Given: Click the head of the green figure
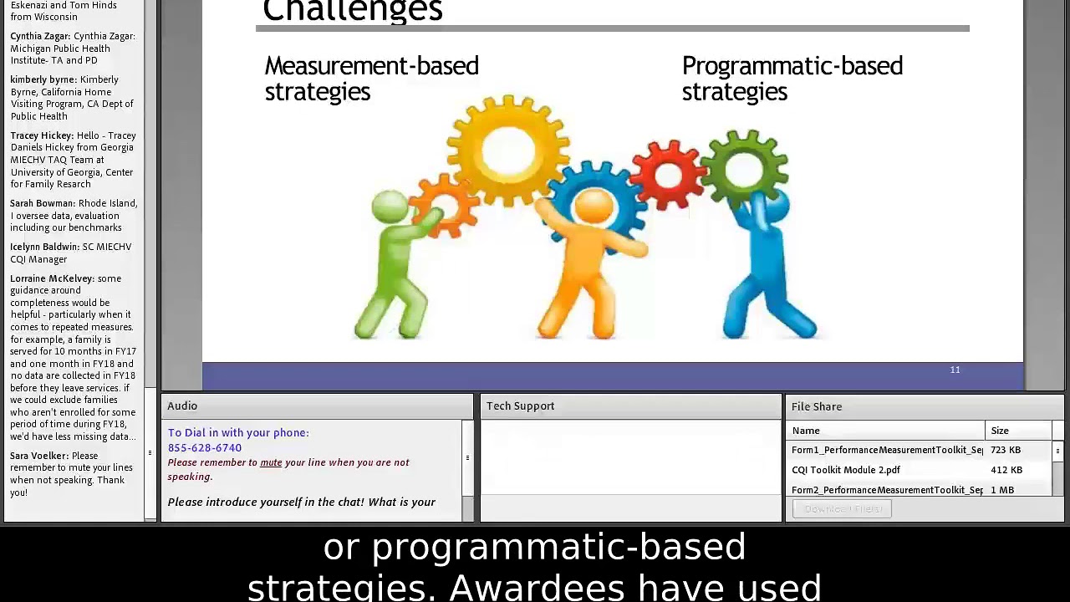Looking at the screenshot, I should coord(390,207).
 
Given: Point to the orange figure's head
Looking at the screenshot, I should coord(594,208).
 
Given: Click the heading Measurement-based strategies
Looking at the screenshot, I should coord(371,79).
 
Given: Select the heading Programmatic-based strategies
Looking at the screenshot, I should coord(792,79).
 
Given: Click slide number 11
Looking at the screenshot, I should coord(955,370).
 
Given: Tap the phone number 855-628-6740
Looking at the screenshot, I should coord(205,447).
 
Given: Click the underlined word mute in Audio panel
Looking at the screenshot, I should coord(271,462).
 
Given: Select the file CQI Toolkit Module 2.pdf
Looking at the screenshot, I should coord(845,470).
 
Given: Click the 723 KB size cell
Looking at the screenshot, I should coord(1005,450).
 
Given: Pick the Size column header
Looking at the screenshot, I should coord(1000,431).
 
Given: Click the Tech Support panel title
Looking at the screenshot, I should coord(520,406).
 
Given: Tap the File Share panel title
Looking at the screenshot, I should coord(816,406).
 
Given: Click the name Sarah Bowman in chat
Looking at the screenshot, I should coord(42,203).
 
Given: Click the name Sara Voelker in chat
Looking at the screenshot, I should coord(38,456).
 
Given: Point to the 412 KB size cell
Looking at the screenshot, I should coord(1006,470).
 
